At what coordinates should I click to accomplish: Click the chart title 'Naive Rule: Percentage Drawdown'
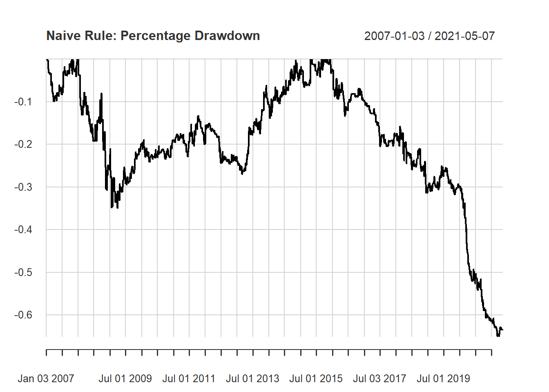coord(153,36)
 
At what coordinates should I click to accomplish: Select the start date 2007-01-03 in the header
coord(394,36)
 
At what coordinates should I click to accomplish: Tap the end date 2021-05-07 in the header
coord(464,36)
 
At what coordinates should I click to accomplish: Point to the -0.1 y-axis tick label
coord(23,102)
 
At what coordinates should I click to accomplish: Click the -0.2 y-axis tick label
coord(23,144)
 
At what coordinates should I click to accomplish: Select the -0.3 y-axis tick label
coord(23,187)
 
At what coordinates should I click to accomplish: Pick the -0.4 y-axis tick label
coord(23,229)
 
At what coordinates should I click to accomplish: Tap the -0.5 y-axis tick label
coord(23,272)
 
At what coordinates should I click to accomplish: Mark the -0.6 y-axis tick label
coord(23,315)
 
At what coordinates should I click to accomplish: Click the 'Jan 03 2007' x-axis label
coord(46,379)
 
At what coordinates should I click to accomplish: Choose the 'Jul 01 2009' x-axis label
coord(125,379)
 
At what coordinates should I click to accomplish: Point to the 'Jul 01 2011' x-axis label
coord(189,379)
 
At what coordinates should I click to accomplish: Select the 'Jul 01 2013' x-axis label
coord(252,379)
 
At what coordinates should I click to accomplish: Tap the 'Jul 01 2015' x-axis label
coord(316,379)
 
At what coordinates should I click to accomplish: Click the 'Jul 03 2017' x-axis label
coord(379,379)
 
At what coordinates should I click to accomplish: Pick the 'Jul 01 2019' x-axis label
coord(443,379)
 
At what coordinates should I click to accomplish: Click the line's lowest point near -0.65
coord(498,336)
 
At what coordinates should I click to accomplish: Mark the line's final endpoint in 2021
coord(502,330)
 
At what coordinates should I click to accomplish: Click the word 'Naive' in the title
coord(61,36)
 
